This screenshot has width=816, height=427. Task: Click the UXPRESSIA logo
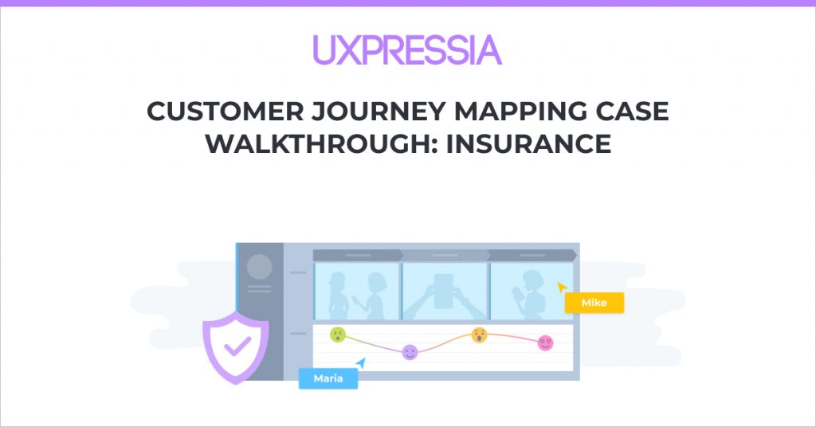pyautogui.click(x=407, y=50)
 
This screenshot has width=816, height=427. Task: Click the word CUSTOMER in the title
pyautogui.click(x=226, y=112)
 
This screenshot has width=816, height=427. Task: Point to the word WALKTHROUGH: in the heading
pyautogui.click(x=322, y=143)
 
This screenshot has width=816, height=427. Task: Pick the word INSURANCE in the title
pyautogui.click(x=529, y=143)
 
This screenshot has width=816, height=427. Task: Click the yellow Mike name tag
pyautogui.click(x=594, y=303)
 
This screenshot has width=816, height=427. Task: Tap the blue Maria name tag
pyautogui.click(x=328, y=378)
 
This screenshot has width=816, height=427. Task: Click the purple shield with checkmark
pyautogui.click(x=236, y=347)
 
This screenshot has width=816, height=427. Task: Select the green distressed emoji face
pyautogui.click(x=338, y=335)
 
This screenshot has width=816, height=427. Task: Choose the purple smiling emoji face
pyautogui.click(x=410, y=352)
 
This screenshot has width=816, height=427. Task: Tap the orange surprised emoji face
pyautogui.click(x=479, y=335)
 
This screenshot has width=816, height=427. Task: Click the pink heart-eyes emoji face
pyautogui.click(x=545, y=343)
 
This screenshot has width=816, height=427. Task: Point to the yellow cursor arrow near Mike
pyautogui.click(x=562, y=287)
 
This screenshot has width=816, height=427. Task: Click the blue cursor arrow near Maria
pyautogui.click(x=361, y=363)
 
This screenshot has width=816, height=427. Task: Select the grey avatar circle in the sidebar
pyautogui.click(x=259, y=267)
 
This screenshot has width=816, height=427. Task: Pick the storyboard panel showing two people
pyautogui.click(x=357, y=292)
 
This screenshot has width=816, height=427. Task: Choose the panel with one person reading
pyautogui.click(x=532, y=292)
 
